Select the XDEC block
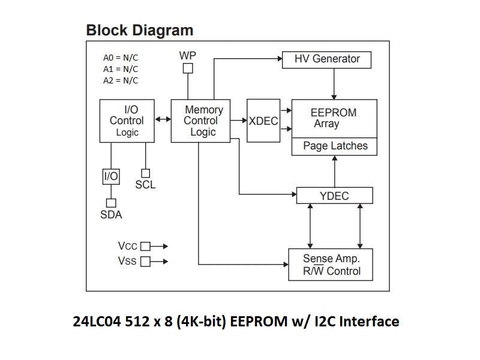point(263,121)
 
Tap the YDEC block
point(334,196)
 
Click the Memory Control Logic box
point(200,121)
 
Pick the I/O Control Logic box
point(127,121)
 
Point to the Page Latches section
point(334,146)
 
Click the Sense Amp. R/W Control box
point(331,265)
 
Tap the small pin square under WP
point(188,68)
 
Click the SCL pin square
point(145,173)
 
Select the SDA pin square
point(110,203)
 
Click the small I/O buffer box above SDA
point(111,176)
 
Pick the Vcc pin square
point(145,246)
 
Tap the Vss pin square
point(145,262)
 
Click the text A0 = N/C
point(120,58)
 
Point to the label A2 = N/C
point(120,80)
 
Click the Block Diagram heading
point(139,30)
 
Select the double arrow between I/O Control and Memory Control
point(163,120)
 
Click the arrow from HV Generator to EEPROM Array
point(334,84)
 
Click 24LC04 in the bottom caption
point(97,322)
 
